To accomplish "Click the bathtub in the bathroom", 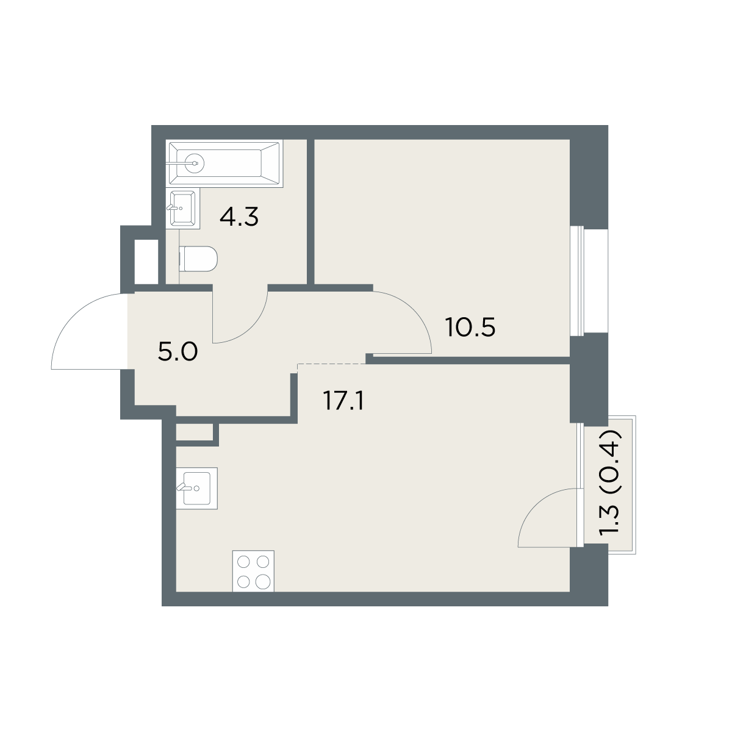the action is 224,163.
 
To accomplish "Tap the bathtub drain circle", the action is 195,163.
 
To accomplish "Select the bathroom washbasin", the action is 183,209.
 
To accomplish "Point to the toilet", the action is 198,259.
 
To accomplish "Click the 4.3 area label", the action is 239,218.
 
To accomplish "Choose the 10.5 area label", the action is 471,328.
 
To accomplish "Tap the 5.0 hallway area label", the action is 178,352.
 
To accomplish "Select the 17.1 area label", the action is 343,401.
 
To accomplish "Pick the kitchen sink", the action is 197,488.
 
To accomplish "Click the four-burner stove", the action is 253,571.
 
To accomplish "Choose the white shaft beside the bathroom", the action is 146,262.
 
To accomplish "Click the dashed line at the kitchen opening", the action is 332,364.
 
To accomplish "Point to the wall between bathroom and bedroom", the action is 310,212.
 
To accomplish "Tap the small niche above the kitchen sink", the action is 194,432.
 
